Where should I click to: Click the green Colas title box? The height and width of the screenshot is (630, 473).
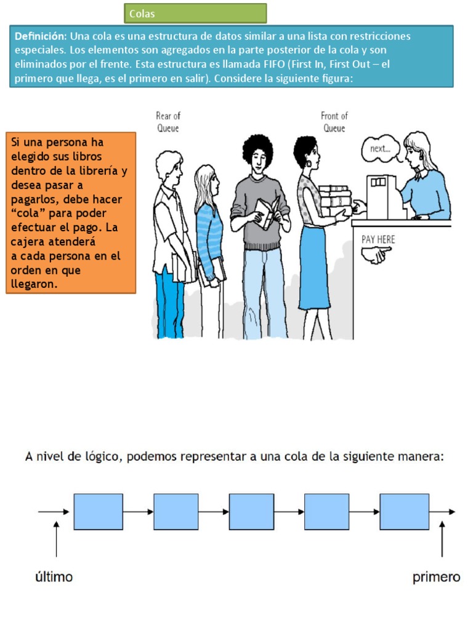195,14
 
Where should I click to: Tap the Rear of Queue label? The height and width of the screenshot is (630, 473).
168,122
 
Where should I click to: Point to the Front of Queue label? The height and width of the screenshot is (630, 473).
334,122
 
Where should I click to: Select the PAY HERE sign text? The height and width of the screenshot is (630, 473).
378,239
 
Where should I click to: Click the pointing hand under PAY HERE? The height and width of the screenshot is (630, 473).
376,254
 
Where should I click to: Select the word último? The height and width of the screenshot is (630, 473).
52,577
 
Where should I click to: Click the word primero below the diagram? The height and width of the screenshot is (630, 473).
436,577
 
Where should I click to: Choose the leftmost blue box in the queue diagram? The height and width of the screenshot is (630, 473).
99,511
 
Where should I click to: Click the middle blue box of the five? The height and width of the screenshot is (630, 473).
251,511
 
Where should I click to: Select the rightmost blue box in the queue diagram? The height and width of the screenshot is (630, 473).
404,511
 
